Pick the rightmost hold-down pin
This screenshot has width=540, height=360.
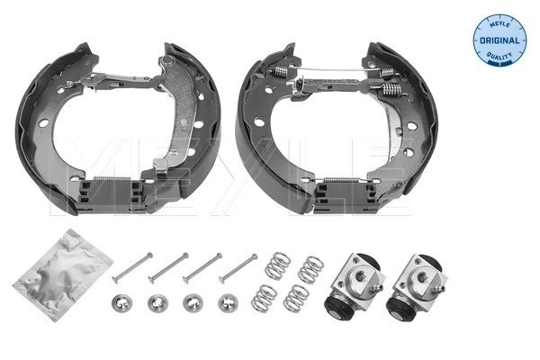238,266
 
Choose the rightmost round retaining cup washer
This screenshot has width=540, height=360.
226,301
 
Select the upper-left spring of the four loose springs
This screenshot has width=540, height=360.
275,266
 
